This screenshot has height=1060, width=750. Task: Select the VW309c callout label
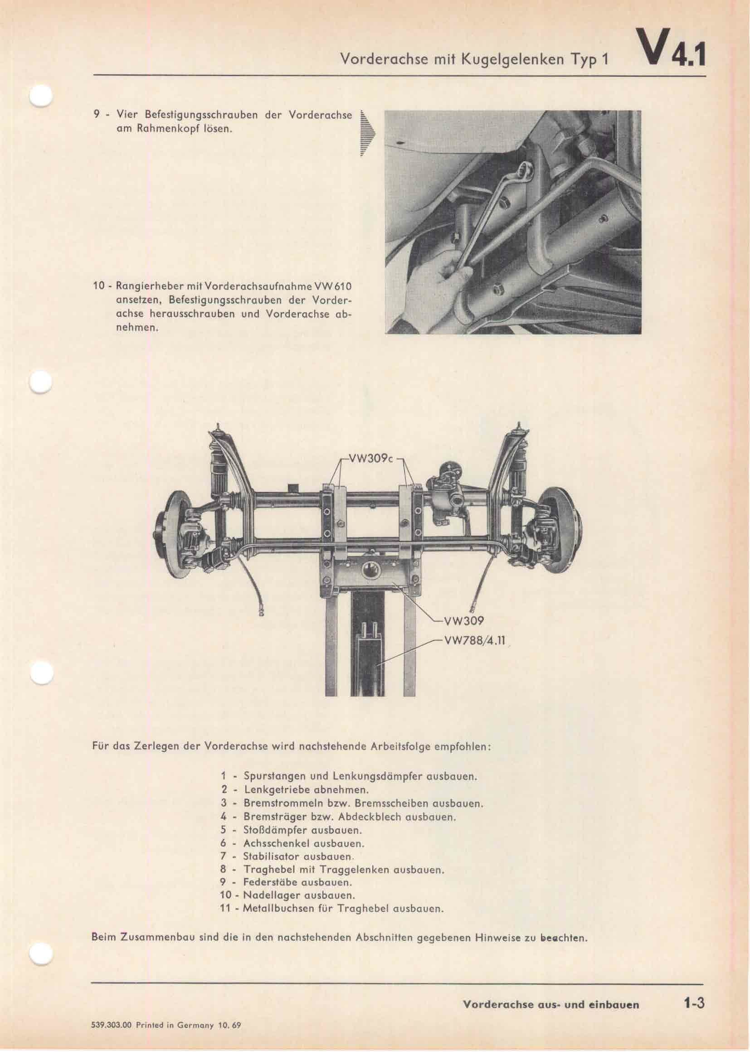pos(371,460)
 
